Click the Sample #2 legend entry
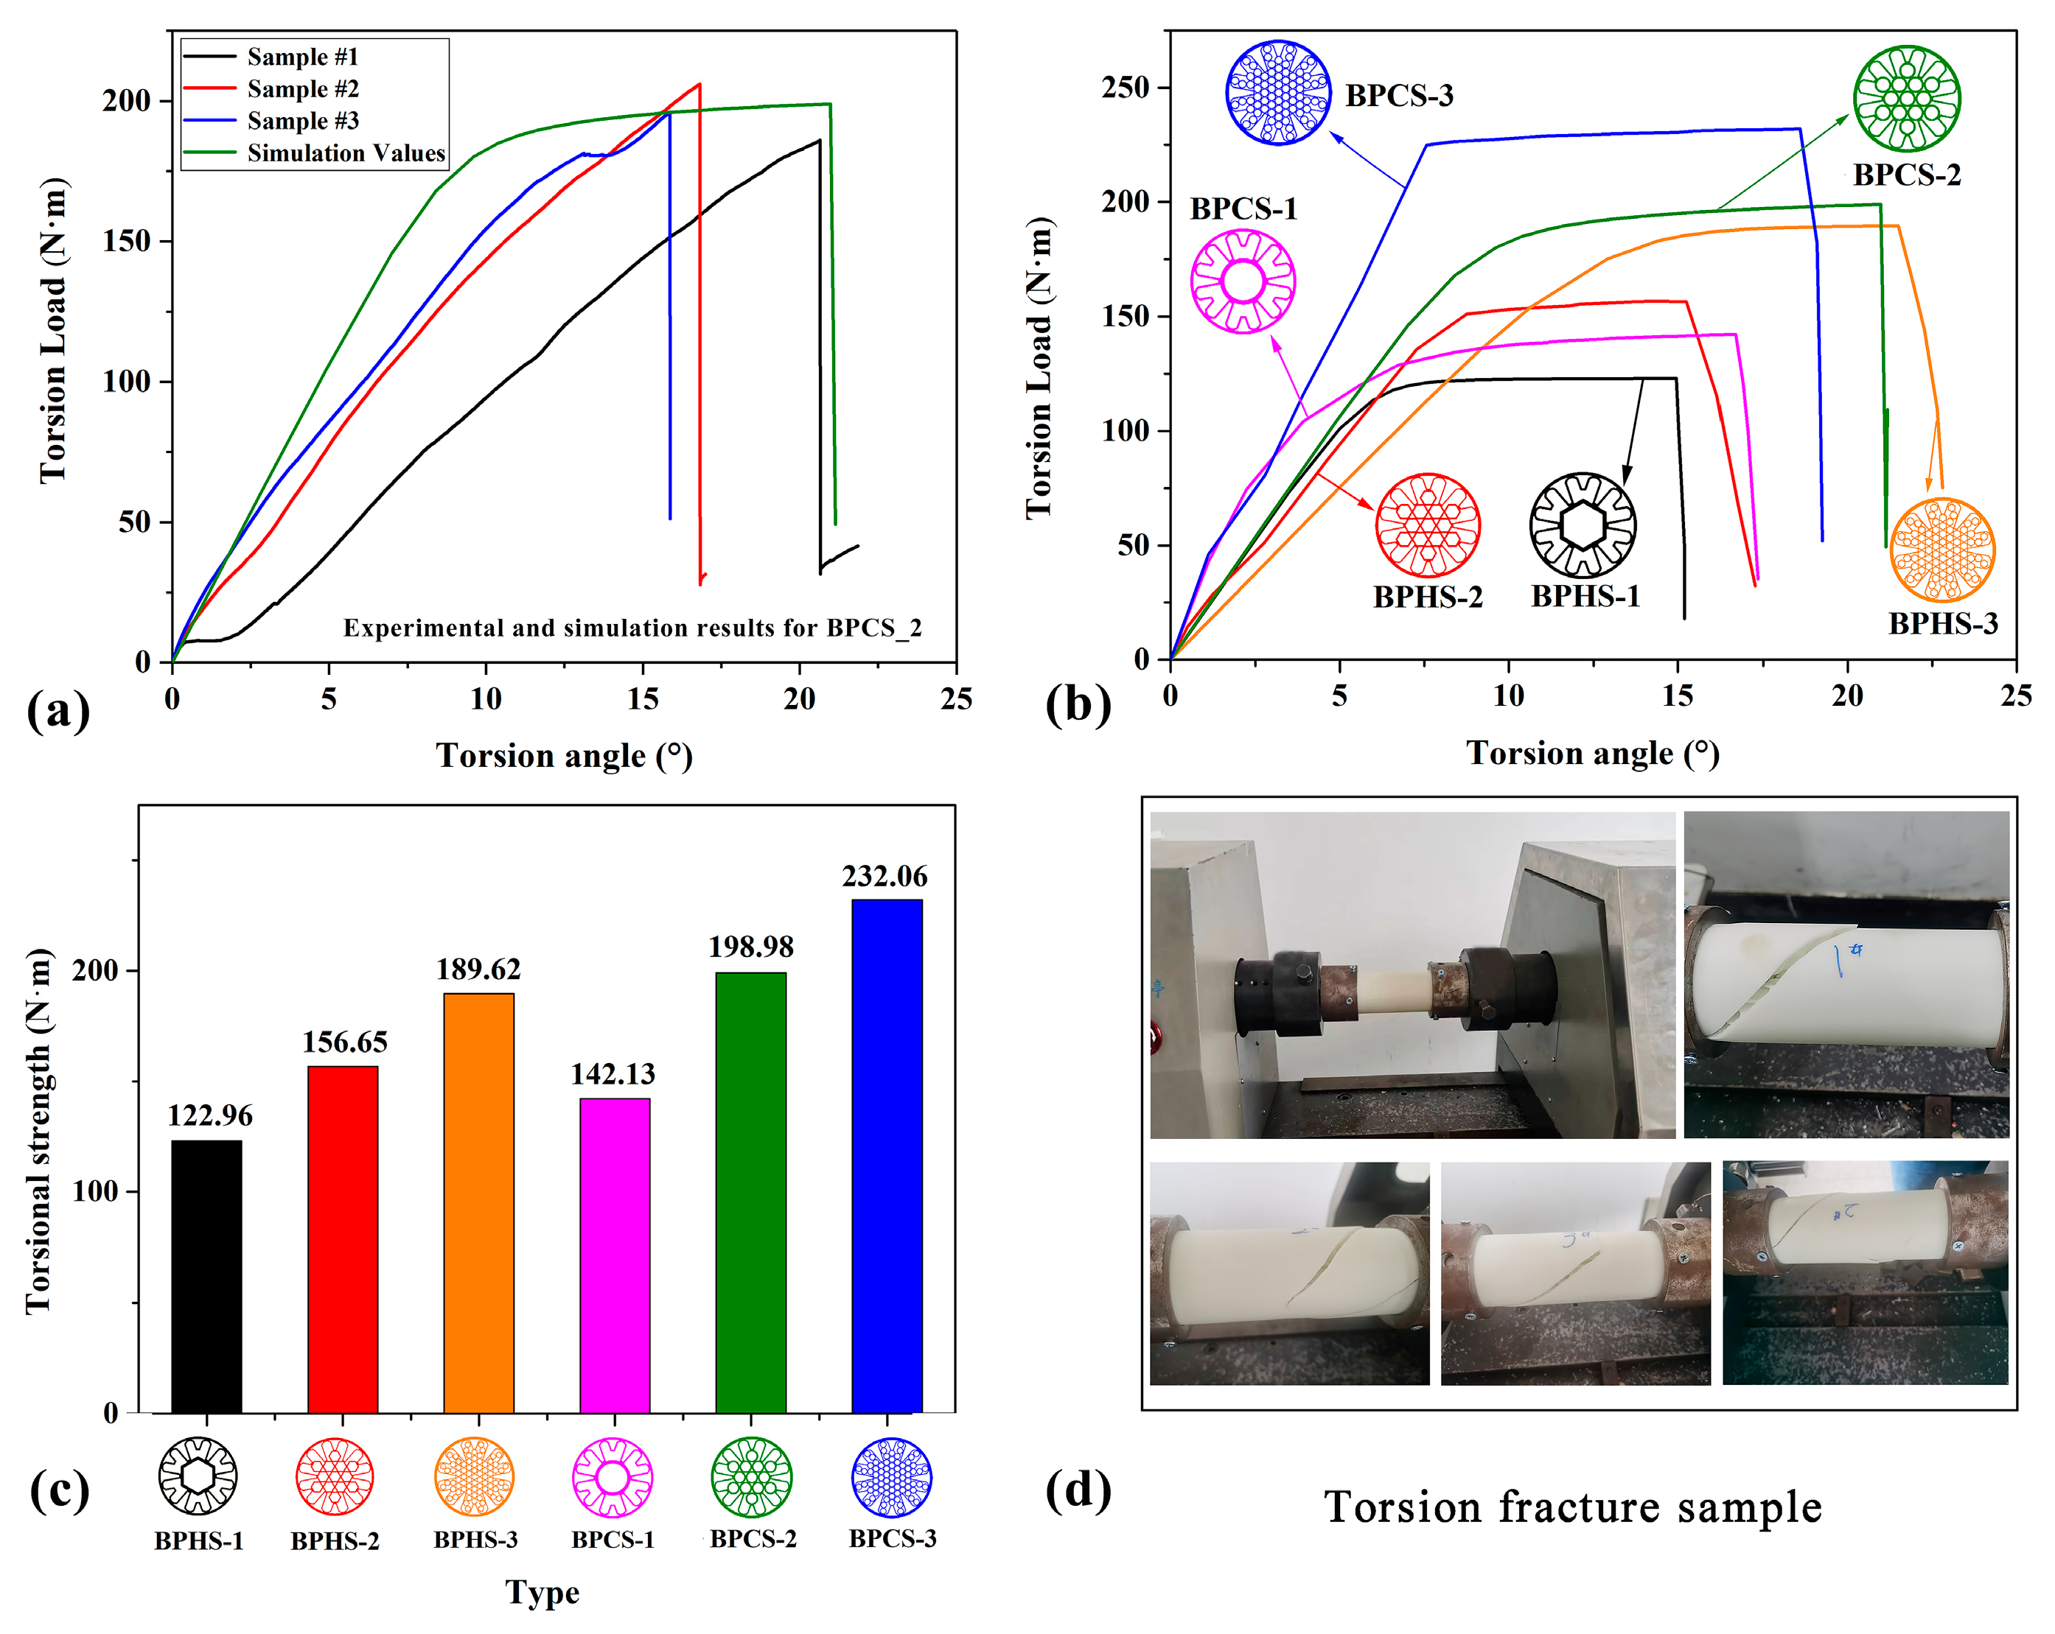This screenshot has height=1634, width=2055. (302, 88)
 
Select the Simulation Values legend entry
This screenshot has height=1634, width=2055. (346, 152)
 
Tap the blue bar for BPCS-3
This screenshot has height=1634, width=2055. (887, 1154)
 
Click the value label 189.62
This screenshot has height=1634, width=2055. (478, 969)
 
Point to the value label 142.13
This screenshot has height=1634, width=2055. (613, 1074)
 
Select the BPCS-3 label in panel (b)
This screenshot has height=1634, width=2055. (1399, 95)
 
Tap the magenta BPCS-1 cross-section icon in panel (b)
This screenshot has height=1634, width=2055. (1243, 281)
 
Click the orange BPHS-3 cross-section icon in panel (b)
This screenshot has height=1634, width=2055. (1941, 550)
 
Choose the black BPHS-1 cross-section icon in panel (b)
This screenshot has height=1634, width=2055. (1583, 525)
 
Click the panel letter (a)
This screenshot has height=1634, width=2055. (58, 711)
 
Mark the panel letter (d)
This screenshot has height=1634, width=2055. (1078, 1489)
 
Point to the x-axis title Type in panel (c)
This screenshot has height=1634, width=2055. (542, 1591)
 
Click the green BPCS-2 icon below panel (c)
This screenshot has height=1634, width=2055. (751, 1477)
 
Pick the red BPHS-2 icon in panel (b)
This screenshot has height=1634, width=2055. (1427, 525)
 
